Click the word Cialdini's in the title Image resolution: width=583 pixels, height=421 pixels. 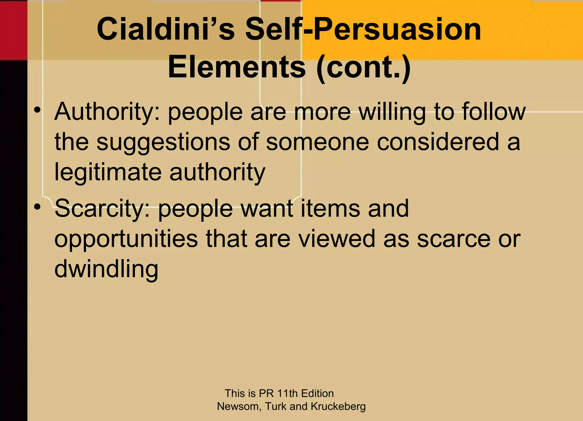[x=166, y=29]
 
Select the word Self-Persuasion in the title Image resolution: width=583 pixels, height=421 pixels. [x=363, y=29]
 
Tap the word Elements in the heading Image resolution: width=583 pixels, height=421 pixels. [x=237, y=67]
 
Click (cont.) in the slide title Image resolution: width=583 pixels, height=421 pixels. [x=364, y=68]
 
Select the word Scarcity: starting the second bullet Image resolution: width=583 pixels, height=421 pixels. [x=102, y=209]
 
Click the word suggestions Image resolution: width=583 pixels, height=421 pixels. [x=163, y=143]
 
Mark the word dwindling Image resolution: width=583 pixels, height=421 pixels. [x=106, y=269]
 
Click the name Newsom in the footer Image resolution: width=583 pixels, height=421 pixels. [x=239, y=406]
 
